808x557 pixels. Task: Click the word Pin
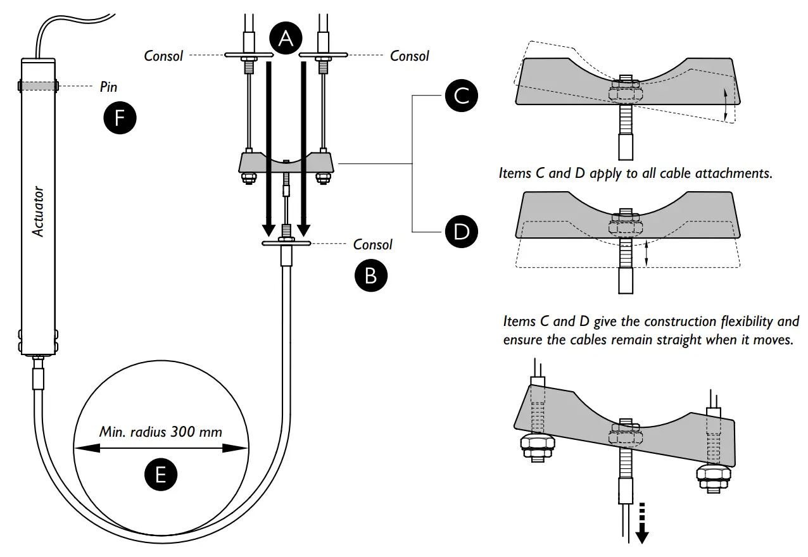coord(109,87)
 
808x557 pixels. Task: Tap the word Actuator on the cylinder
coord(39,211)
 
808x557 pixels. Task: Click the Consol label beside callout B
coord(372,244)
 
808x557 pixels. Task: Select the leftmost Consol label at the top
coord(163,56)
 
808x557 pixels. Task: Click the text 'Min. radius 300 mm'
coord(161,432)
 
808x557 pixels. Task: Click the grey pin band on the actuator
coord(38,85)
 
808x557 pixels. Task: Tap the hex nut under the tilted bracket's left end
coord(536,446)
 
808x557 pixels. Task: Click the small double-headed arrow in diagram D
coord(646,253)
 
